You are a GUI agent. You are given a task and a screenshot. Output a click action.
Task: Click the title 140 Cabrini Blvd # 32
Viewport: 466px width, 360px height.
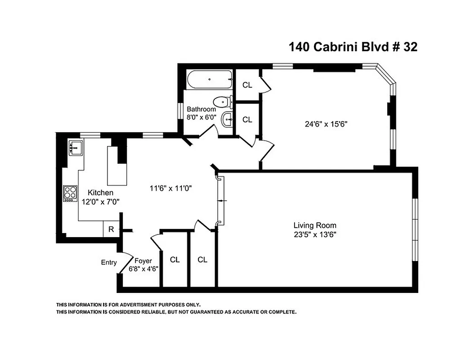click(353, 47)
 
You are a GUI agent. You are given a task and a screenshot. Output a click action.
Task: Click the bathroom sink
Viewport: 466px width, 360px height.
click(226, 119)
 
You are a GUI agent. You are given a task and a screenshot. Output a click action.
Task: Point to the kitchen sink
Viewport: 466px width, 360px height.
click(76, 147)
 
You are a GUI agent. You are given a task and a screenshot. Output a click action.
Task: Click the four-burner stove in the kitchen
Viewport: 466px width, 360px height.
click(71, 193)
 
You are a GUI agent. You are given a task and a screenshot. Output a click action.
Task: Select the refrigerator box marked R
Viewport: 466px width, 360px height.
click(111, 229)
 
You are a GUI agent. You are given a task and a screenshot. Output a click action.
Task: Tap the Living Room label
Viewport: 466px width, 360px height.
click(314, 225)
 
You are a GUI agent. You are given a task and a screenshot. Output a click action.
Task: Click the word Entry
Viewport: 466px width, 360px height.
click(109, 262)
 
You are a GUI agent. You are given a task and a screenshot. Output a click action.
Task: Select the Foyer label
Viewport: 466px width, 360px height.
click(143, 261)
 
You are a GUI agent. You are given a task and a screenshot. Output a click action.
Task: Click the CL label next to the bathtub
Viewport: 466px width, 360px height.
click(247, 85)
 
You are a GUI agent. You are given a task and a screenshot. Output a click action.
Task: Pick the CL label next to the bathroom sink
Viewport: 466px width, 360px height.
click(247, 120)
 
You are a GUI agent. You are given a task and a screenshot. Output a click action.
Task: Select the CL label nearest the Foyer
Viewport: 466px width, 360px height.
click(175, 260)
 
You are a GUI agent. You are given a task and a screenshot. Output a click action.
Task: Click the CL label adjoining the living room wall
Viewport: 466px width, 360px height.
click(202, 260)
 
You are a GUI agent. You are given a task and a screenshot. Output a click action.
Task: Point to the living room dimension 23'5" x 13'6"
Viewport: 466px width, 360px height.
click(315, 234)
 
